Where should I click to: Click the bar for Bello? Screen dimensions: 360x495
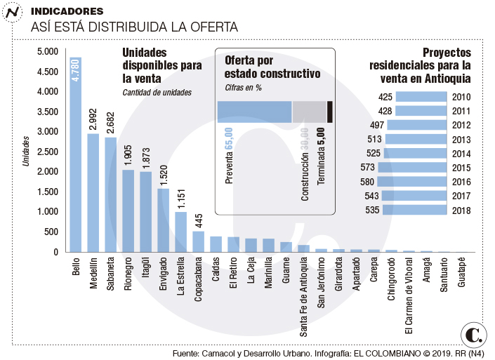[x=75, y=154]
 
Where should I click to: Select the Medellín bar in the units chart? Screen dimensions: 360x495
[x=93, y=192]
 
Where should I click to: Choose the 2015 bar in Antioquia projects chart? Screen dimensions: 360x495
[x=412, y=167]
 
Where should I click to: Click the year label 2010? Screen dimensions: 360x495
[x=462, y=97]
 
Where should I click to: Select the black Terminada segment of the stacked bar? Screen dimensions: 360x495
[x=330, y=112]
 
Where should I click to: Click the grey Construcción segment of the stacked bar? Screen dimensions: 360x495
[x=309, y=112]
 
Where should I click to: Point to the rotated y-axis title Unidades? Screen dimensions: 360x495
[x=26, y=151]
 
